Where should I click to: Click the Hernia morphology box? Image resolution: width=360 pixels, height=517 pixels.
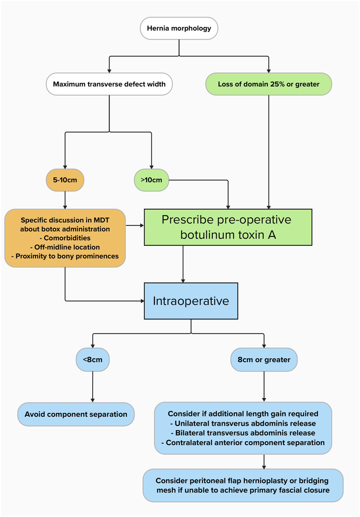[x=179, y=29]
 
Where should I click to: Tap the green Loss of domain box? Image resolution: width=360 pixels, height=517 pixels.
[x=269, y=84]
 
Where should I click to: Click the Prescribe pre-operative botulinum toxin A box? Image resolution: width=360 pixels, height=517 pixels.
[x=227, y=227]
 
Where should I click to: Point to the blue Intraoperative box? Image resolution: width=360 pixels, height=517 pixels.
[x=191, y=301]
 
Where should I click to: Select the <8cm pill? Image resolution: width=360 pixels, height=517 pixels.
[x=93, y=360]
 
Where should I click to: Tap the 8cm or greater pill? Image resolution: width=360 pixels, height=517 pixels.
[x=264, y=360]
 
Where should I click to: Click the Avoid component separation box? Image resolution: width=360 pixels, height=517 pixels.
[x=76, y=414]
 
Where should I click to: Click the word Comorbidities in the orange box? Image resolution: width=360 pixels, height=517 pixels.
[x=65, y=238]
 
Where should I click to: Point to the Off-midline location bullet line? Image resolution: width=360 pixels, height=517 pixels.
[x=65, y=247]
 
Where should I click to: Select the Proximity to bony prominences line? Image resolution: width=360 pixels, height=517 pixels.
[x=65, y=256]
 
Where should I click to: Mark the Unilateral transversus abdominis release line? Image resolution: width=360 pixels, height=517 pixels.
[x=243, y=423]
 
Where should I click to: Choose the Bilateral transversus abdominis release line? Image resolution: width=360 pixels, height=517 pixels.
[x=243, y=433]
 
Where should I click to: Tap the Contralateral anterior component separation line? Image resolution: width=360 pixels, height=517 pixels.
[x=243, y=442]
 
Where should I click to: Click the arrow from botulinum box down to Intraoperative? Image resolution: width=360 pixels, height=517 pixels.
[x=183, y=263]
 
